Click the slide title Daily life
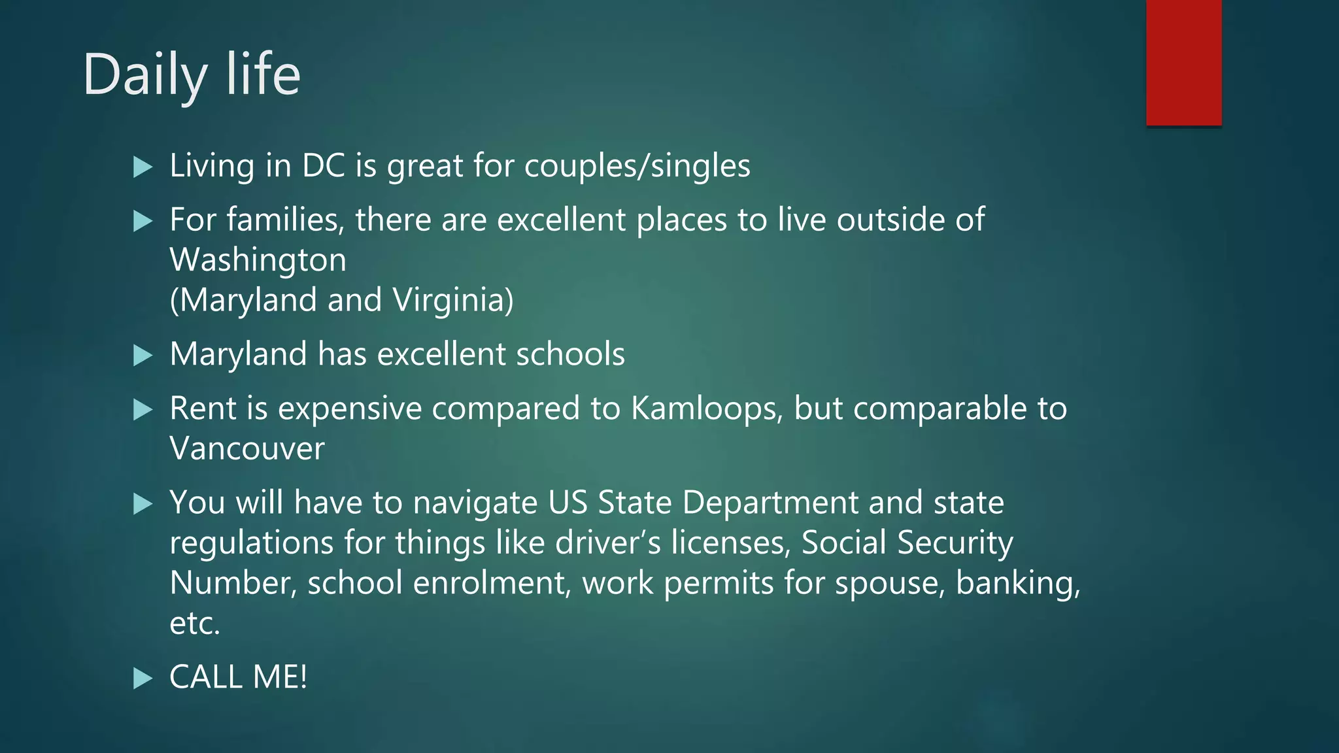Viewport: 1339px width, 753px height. click(191, 75)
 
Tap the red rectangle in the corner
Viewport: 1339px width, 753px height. click(1183, 62)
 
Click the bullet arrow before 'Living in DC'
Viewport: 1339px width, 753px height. click(143, 167)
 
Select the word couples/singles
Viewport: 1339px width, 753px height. click(637, 166)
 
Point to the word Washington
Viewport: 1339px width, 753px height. click(258, 260)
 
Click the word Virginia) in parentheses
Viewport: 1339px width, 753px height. click(454, 301)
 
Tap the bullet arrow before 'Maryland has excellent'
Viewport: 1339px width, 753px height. click(143, 356)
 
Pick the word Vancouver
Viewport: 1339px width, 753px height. click(247, 449)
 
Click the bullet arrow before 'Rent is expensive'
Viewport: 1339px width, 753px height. click(143, 410)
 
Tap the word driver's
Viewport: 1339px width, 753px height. click(607, 543)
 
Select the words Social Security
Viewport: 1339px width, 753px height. click(907, 543)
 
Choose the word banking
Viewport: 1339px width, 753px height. click(1017, 583)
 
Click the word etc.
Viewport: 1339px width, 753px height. click(195, 624)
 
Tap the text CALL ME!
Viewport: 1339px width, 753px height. click(238, 677)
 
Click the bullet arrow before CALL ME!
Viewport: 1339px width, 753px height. click(143, 678)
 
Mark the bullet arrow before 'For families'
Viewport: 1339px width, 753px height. click(143, 221)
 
